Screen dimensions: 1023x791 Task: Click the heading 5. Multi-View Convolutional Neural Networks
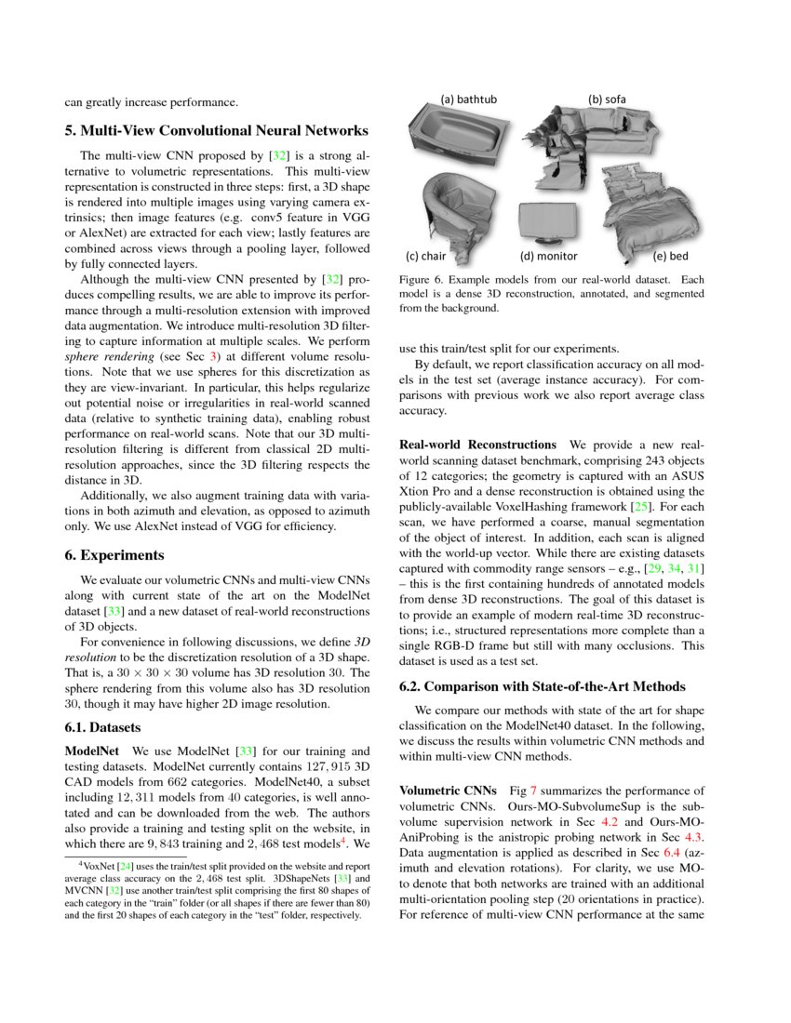point(216,130)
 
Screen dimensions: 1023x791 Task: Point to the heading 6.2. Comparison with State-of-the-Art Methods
point(542,687)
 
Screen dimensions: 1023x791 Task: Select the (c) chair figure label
point(426,256)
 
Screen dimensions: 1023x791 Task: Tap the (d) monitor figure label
point(548,256)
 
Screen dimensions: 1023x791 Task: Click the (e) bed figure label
point(670,256)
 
